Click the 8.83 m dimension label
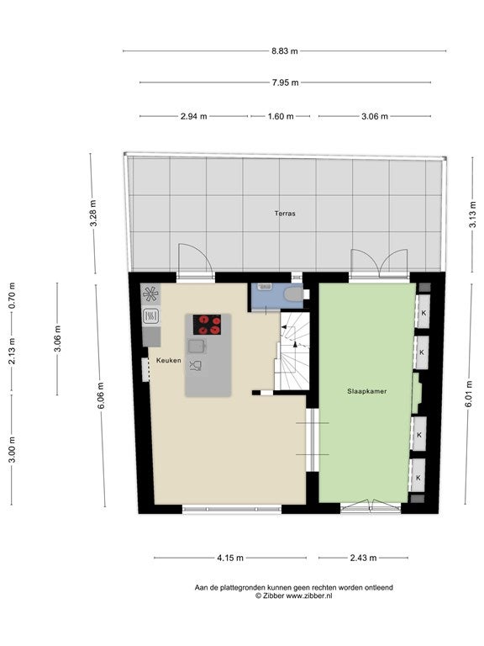coord(284,51)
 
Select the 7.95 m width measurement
coord(285,82)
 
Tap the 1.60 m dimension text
coord(281,116)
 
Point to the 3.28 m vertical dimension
coord(93,213)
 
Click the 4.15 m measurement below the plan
coord(230,558)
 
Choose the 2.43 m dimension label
coord(363,558)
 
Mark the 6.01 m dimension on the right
coord(469,394)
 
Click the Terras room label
coord(285,214)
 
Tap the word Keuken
coord(168,360)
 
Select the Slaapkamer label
coord(366,391)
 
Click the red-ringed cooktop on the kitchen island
coord(207,325)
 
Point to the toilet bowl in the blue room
coord(293,294)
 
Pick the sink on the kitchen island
coord(197,346)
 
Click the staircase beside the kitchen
coord(292,351)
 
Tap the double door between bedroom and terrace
coord(379,262)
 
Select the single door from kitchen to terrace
coord(196,259)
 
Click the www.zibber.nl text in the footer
coord(309,596)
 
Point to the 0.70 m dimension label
coord(12,295)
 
